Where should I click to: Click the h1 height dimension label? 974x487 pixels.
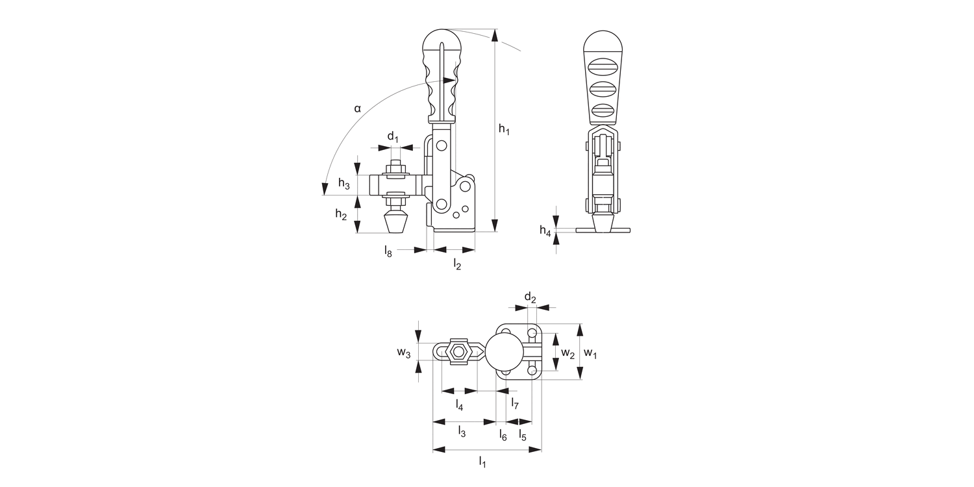click(504, 130)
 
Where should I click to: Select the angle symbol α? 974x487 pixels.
click(357, 108)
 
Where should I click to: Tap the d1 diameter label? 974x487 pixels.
click(393, 137)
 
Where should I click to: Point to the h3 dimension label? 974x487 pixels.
click(343, 185)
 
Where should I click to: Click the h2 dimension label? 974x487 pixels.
click(341, 214)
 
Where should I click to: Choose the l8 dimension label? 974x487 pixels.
click(388, 250)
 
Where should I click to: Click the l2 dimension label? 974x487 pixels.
click(457, 264)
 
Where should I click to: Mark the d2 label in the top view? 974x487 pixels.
click(531, 299)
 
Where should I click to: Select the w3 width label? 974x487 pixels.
click(404, 353)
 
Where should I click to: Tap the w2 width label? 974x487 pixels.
click(568, 353)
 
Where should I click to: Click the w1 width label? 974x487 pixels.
click(590, 353)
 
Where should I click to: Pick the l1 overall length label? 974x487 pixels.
click(482, 462)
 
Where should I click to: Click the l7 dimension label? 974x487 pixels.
click(514, 404)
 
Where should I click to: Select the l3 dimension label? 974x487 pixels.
click(462, 431)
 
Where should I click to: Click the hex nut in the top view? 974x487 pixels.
click(459, 352)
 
